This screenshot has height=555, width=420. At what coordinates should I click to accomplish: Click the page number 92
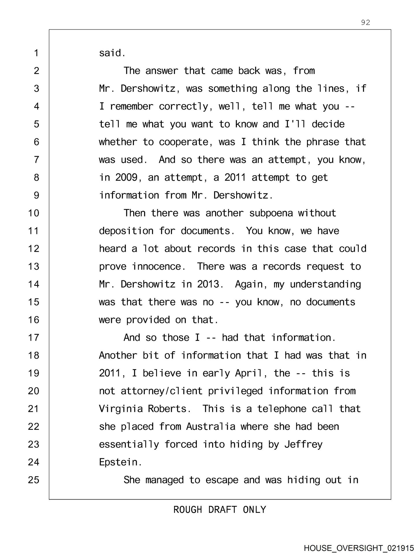365,22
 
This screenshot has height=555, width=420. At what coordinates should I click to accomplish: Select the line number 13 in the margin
34,266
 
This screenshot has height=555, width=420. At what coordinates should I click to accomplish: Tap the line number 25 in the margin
34,480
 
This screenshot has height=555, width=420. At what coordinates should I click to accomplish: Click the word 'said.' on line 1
112,53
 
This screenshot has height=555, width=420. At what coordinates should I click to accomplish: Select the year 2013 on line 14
210,284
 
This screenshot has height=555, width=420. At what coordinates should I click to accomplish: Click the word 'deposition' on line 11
126,231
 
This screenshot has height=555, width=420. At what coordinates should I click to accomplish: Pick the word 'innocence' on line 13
159,266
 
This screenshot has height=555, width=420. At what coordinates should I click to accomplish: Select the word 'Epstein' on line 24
120,462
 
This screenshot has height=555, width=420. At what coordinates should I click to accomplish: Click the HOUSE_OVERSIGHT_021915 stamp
358,548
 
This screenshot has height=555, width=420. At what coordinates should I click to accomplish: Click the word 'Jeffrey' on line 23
303,444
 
